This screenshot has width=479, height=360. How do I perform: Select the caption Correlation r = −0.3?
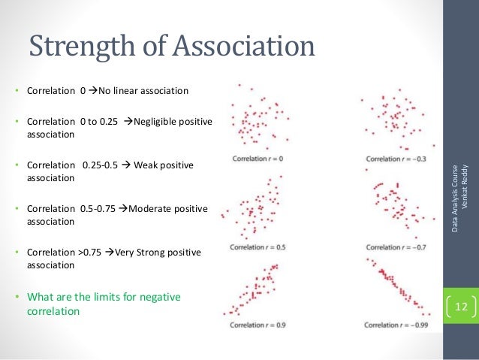click(391, 159)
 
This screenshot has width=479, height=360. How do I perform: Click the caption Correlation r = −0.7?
click(391, 247)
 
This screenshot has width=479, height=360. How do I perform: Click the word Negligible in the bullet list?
click(157, 122)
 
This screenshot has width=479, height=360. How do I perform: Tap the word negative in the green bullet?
click(159, 297)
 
